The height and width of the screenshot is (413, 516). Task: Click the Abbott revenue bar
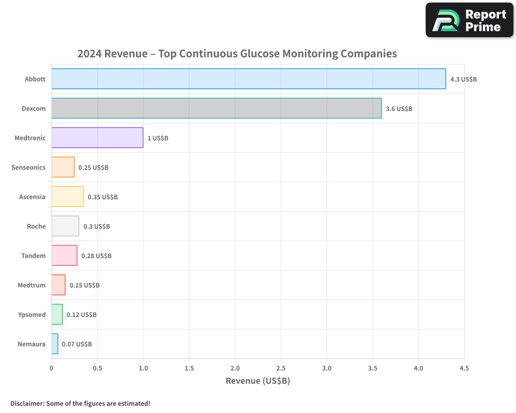tap(248, 79)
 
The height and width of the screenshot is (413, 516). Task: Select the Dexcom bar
tap(216, 108)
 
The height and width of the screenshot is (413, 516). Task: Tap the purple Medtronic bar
tap(97, 138)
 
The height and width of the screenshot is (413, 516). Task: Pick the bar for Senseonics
tap(63, 167)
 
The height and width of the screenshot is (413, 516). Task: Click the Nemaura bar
tap(55, 344)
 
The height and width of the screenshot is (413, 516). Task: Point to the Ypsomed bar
tap(57, 314)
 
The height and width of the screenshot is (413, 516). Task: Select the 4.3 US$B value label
tap(463, 80)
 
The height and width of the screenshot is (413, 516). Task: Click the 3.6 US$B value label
tap(399, 109)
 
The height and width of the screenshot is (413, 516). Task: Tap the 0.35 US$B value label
tap(103, 197)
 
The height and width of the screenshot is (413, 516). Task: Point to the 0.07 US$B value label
tap(77, 344)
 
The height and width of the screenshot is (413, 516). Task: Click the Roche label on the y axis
tap(36, 227)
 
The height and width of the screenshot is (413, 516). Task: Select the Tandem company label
tap(34, 256)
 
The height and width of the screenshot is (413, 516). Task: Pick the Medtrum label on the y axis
tap(31, 285)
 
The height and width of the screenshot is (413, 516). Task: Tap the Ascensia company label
tap(32, 197)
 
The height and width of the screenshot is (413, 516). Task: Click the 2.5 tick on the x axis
tap(281, 369)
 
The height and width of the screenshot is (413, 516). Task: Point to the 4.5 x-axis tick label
tap(464, 369)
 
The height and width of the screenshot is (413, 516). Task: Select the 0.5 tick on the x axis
tap(98, 369)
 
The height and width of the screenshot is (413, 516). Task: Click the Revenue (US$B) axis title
tap(257, 381)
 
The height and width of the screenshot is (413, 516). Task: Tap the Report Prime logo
tap(470, 20)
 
